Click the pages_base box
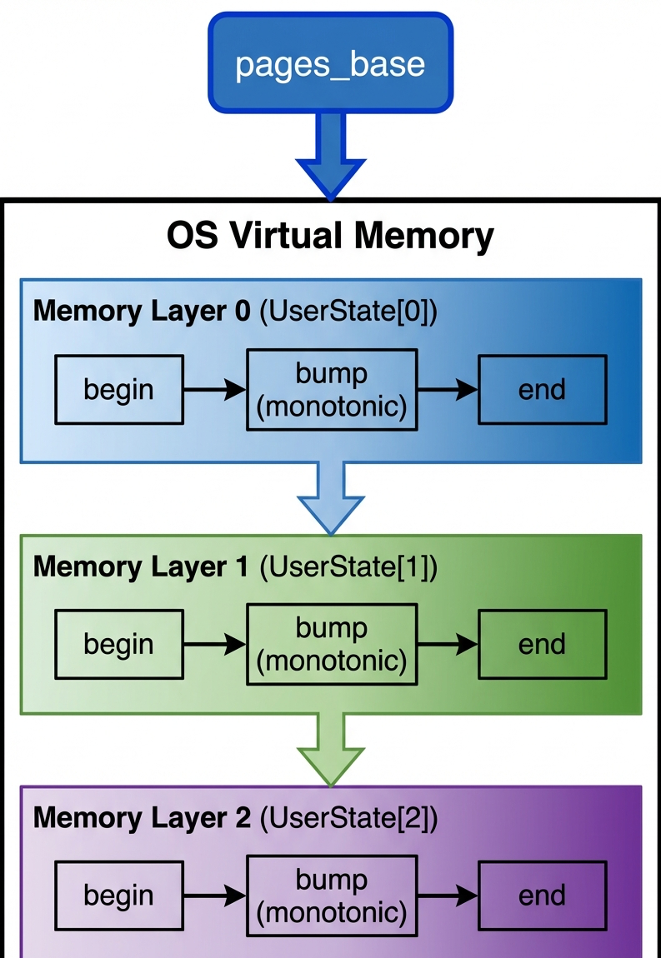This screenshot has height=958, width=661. pos(330,63)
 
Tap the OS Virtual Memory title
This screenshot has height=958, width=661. pos(330,236)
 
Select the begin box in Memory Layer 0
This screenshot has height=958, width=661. pos(118,389)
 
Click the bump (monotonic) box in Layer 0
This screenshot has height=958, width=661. pos(331,389)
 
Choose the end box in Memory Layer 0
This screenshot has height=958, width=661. pos(542,389)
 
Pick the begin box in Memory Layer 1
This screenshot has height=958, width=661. pos(118,644)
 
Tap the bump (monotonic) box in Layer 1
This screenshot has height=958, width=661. pos(331,644)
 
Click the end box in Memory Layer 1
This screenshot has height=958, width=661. pos(542,644)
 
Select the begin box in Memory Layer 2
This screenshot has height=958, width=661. pos(118,896)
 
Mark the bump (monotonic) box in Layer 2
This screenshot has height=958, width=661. pos(331,896)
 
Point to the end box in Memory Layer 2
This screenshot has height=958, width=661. pos(542,896)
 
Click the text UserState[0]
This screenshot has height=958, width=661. pos(348,312)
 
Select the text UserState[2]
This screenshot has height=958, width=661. pos(348,818)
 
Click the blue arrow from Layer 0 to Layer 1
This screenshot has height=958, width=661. pos(330,498)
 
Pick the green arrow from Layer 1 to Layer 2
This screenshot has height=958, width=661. pos(330,750)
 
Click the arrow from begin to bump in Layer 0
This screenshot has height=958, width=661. pos(214,389)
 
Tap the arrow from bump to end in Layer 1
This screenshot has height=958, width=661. pos(447,644)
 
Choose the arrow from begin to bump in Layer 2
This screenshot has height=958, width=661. pos(214,896)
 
